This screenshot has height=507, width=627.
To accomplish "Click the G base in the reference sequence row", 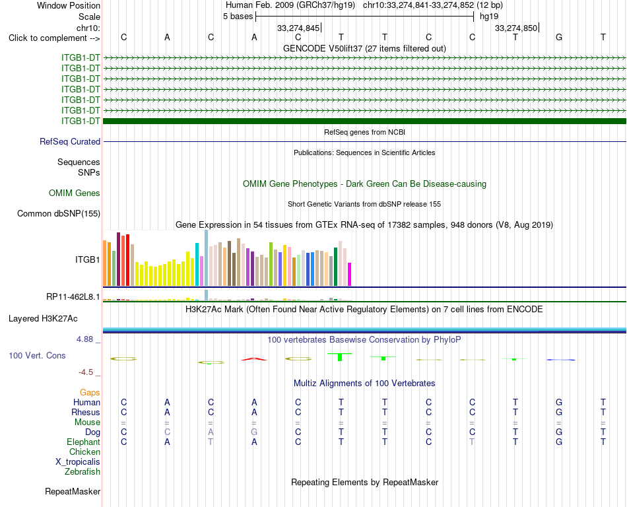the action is pos(559,38).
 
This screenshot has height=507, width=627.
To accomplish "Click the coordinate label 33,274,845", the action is pos(298,28).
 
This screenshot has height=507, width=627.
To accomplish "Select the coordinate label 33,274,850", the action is pos(516,28).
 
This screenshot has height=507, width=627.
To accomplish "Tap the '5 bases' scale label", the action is pos(238,17).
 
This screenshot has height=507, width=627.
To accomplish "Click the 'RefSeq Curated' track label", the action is pos(70,141).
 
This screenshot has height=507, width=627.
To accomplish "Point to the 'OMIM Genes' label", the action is pos(75,193).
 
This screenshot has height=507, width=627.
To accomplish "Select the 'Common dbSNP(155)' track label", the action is pos(59,213).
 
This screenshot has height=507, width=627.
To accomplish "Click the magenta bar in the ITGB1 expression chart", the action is pos(350,274).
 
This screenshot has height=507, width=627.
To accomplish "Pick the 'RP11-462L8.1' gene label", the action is pos(73,296).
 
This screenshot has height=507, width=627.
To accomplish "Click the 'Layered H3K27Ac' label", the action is pos(43,319).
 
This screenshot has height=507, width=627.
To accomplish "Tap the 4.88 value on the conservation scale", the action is pos(84,339).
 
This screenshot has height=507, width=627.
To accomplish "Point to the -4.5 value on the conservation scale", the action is pos(86,372).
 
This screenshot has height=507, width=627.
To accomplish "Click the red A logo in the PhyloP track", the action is pos(254,359).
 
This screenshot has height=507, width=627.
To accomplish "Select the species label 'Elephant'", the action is pos(84,442).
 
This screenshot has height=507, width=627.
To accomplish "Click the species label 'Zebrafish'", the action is pos(82,472).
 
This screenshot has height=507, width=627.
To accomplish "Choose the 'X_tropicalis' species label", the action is pos(78,462).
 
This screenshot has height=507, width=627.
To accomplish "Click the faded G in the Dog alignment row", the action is pos(254,432).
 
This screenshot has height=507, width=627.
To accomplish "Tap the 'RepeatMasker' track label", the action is pos(73,491).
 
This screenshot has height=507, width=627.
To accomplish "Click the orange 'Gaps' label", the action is pos(90,393).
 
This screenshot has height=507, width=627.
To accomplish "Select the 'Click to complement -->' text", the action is pos(54,38).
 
